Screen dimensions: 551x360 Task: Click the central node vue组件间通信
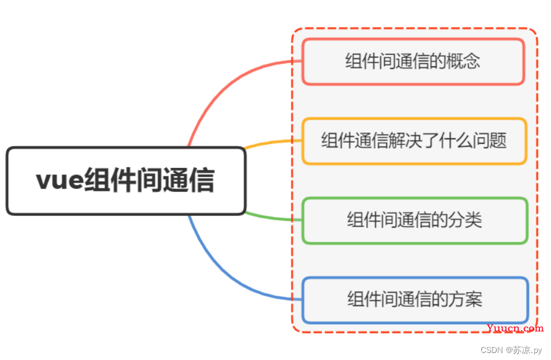pos(126,180)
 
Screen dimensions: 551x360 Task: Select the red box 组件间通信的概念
pos(413,61)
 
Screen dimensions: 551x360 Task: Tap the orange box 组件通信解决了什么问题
pos(415,141)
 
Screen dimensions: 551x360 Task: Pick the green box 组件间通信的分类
pos(415,221)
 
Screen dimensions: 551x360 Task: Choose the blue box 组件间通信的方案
pos(415,300)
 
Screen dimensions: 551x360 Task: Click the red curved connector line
pos(225,88)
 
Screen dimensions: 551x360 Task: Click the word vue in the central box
pos(60,180)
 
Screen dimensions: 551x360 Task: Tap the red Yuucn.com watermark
pos(515,328)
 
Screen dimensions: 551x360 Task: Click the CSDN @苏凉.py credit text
pos(511,350)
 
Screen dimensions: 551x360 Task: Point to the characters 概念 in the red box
pos(463,61)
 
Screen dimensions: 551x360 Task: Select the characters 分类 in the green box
pos(465,220)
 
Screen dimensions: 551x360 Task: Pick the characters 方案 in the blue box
pos(466,300)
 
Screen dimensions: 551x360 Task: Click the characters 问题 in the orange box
pos(490,140)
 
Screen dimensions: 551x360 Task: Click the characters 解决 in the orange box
pos(405,140)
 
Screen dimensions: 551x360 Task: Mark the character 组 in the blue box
pos(355,300)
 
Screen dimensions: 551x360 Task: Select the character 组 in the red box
pos(354,61)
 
